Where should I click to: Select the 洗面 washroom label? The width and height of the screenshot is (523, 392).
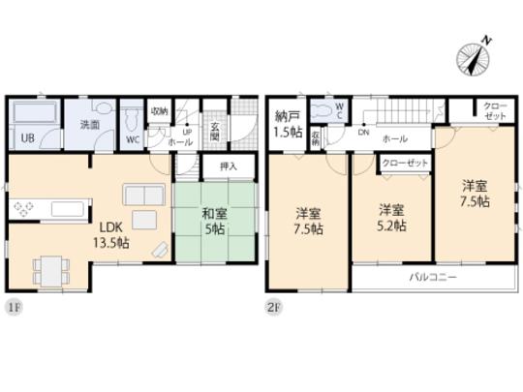(90, 125)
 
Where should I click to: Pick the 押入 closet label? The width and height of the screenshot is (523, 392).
(229, 166)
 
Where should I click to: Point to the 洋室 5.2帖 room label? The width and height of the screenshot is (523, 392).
(391, 217)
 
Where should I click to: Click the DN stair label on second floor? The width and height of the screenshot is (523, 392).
(363, 135)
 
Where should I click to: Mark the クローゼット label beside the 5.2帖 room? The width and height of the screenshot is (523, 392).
(405, 164)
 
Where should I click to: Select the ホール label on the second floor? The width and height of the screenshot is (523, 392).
(392, 136)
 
